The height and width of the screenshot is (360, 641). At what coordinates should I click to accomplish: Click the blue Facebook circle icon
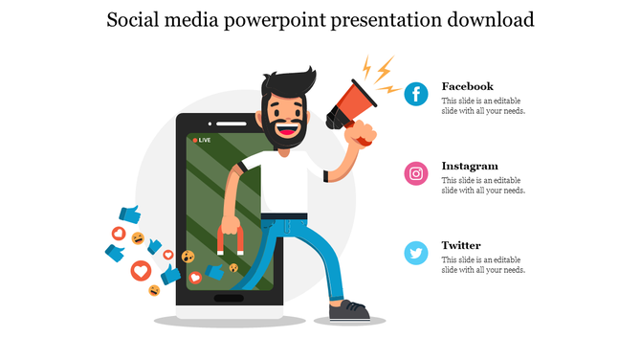416,94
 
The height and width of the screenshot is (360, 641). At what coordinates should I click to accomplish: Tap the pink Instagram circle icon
416,173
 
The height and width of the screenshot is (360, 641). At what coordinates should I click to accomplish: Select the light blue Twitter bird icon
416,253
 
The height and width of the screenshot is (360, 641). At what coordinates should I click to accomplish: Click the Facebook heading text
467,86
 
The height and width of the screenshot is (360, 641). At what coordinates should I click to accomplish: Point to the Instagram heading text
469,166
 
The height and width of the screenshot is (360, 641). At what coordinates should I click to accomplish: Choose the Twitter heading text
460,245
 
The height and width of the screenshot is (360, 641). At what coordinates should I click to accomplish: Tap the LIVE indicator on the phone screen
202,140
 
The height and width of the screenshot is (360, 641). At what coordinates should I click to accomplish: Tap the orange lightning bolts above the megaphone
379,75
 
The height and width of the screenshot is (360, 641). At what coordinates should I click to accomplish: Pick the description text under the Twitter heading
483,265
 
